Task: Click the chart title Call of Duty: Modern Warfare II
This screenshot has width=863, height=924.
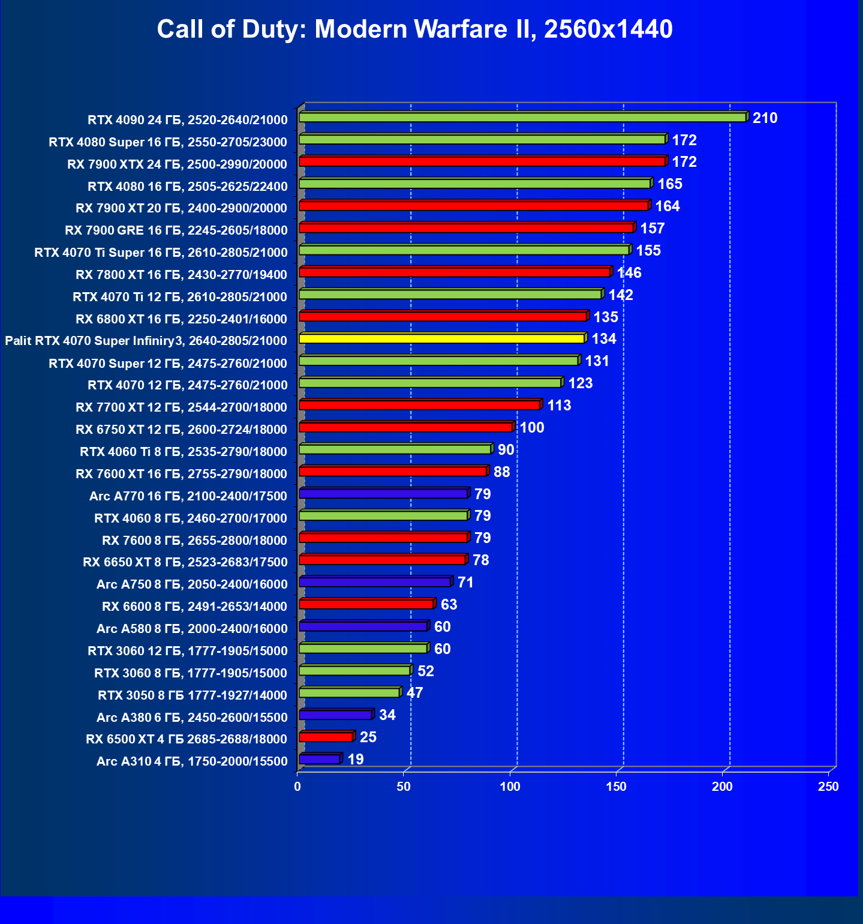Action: (x=414, y=29)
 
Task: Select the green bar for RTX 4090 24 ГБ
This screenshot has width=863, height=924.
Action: (x=522, y=117)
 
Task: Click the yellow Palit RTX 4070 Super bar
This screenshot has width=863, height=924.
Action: (x=441, y=338)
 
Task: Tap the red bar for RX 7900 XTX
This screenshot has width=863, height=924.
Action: (x=482, y=161)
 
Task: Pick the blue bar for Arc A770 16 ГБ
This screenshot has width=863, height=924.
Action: (x=383, y=493)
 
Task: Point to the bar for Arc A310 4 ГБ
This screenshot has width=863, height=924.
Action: (x=319, y=759)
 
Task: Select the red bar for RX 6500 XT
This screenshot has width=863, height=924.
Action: (x=326, y=737)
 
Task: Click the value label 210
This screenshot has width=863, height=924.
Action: (x=765, y=118)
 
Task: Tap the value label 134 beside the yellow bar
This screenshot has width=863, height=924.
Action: (x=603, y=339)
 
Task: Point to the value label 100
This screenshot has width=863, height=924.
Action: (x=531, y=428)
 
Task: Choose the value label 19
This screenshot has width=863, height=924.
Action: (x=355, y=760)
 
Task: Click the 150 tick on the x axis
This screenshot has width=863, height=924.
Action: (x=616, y=787)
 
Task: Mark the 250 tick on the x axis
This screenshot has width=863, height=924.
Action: (x=828, y=787)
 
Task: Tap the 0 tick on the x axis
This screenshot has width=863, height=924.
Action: (x=297, y=787)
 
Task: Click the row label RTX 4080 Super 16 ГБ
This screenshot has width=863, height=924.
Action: (x=168, y=142)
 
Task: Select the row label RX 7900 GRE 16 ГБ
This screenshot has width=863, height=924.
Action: (x=176, y=230)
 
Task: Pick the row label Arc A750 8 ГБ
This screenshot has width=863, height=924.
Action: (x=192, y=584)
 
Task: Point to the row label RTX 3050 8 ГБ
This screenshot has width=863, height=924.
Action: (x=193, y=695)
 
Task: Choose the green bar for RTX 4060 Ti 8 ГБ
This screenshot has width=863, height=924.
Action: (x=395, y=449)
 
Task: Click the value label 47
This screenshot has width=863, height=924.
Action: (x=414, y=693)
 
